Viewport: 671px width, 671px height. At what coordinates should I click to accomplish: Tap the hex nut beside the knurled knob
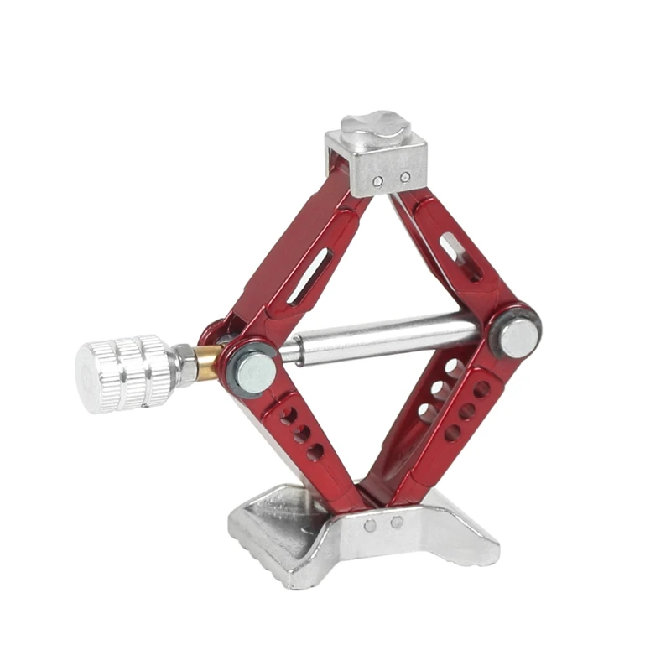point(185,365)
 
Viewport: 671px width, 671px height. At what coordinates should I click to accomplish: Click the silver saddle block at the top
point(376,164)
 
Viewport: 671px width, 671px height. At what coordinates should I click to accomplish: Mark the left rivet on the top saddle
point(378,180)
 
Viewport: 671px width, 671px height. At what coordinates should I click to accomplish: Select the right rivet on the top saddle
point(404,177)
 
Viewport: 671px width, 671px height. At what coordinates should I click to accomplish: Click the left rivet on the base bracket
point(370,526)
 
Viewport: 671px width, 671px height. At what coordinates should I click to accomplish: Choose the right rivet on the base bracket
point(396,522)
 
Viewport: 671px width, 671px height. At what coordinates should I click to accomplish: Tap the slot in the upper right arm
point(460,257)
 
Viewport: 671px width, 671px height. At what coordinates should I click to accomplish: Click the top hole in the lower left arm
point(289,414)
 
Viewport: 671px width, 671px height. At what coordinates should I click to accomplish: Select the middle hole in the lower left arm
point(302,433)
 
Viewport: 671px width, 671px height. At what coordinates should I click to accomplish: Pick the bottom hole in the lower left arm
point(315,452)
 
